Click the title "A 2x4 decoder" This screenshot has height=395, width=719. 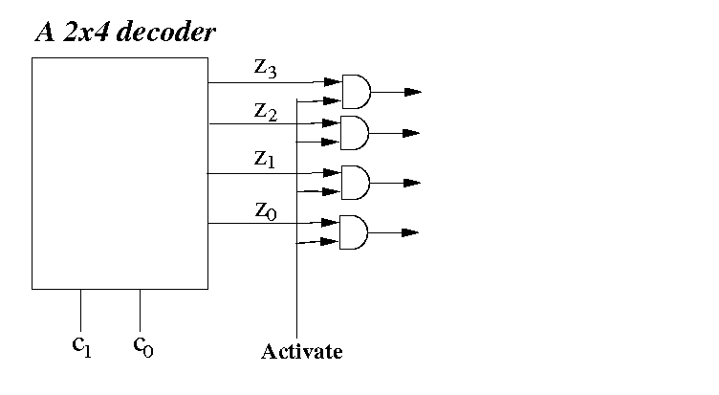coord(125,33)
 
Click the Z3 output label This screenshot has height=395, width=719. coord(266,69)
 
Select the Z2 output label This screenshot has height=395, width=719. coord(266,111)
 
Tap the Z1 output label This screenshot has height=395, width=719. coord(265,161)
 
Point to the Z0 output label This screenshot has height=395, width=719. coord(266,210)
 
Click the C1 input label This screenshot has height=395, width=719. coord(82,344)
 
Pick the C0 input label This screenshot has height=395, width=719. coord(142,344)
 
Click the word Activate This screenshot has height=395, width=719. coord(301,352)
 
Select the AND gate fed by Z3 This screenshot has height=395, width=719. coord(356,92)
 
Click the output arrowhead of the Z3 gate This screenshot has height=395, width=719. coord(412,92)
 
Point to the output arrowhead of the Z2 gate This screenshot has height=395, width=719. coord(412,133)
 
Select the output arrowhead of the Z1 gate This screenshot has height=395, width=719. coord(412,182)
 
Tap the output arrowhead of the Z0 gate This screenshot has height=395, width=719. coord(412,232)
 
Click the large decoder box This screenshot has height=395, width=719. coord(120,172)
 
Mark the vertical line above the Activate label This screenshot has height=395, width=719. coord(298,287)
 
